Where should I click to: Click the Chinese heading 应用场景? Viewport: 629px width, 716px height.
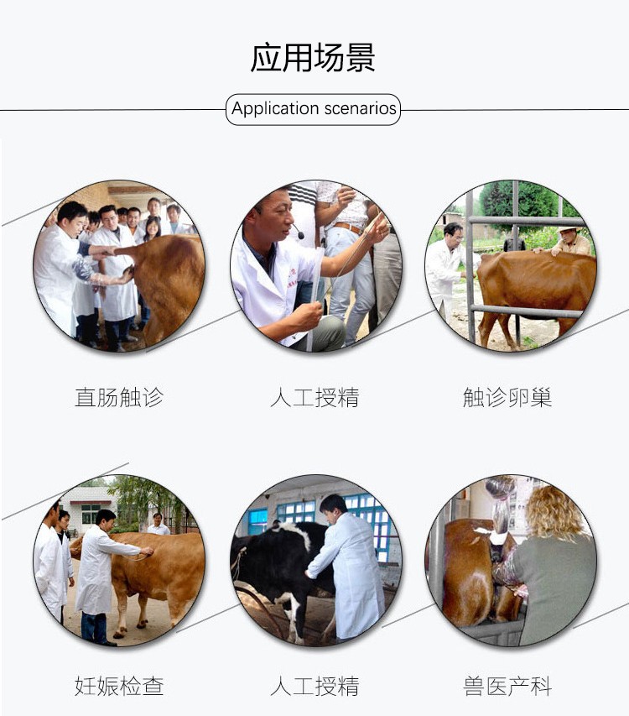click(313, 58)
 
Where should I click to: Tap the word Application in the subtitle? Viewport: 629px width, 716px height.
click(275, 108)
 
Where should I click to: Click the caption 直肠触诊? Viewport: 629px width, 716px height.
click(119, 397)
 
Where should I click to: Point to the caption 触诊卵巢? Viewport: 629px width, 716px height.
click(507, 397)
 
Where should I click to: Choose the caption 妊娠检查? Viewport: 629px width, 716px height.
click(119, 687)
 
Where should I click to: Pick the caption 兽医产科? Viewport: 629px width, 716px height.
click(507, 687)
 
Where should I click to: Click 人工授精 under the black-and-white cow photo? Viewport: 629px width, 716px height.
click(314, 687)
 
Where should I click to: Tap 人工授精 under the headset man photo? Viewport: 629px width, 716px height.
click(314, 397)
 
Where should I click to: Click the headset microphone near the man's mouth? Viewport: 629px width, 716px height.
click(299, 234)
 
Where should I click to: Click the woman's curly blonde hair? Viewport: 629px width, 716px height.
click(554, 512)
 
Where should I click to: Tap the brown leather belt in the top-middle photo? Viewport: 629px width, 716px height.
click(348, 227)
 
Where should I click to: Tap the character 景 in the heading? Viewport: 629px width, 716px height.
click(361, 58)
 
